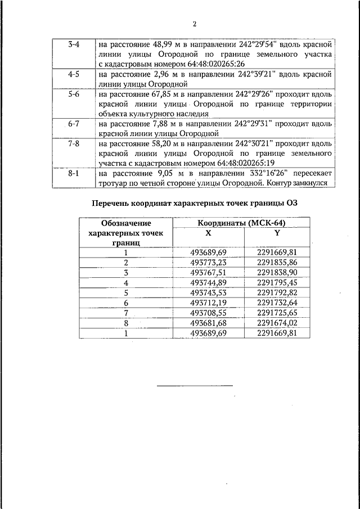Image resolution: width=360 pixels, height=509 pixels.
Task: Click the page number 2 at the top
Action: tap(194, 24)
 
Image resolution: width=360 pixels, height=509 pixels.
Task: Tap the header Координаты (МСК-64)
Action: tap(244, 223)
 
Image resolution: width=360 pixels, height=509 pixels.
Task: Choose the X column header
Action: tap(209, 233)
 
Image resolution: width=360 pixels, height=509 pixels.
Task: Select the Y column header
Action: tap(276, 233)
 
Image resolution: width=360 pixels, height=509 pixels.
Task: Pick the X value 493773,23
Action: tap(208, 262)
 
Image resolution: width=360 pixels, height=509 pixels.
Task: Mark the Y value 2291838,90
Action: tap(276, 272)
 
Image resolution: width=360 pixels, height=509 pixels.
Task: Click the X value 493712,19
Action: tap(208, 303)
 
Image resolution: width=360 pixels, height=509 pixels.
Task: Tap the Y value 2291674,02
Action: tap(276, 323)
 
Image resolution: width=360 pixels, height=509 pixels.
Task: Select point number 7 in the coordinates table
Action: tap(127, 313)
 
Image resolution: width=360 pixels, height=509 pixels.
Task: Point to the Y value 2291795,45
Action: tap(276, 282)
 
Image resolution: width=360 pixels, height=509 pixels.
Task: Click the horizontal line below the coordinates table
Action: tap(194, 385)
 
